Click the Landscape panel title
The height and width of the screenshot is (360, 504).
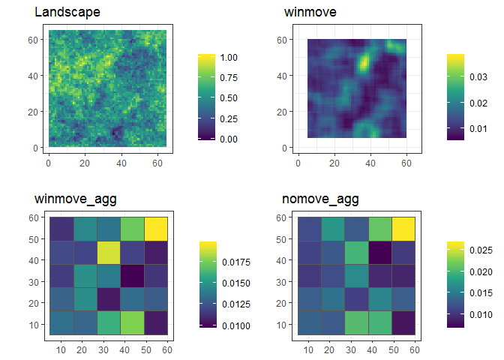67,13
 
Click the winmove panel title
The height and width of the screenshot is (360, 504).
310,13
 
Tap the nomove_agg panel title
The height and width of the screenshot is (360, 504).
320,199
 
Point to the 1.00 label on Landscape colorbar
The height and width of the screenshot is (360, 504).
229,57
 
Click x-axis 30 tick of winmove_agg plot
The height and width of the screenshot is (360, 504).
104,350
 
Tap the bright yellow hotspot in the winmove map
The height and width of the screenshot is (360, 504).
364,61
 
